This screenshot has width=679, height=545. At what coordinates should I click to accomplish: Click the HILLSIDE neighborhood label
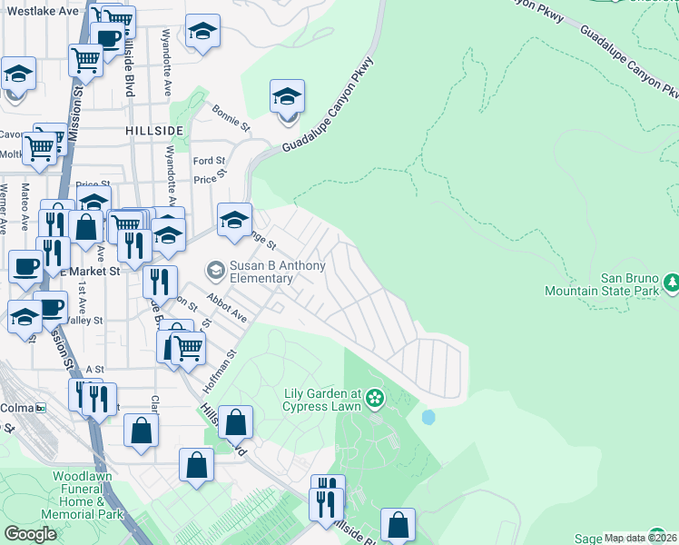click(x=155, y=131)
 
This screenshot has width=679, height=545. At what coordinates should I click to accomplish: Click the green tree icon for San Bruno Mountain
click(x=671, y=283)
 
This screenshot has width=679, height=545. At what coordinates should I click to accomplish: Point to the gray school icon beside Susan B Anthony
click(x=215, y=269)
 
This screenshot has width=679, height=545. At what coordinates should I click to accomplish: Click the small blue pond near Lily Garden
click(x=428, y=417)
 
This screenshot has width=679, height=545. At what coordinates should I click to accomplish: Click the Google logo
click(x=30, y=534)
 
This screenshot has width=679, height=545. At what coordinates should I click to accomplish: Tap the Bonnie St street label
click(x=231, y=121)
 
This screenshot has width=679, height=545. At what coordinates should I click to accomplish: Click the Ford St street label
click(x=209, y=161)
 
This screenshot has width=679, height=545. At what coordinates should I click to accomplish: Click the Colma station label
click(x=17, y=408)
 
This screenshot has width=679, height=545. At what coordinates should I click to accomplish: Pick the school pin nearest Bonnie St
click(x=287, y=96)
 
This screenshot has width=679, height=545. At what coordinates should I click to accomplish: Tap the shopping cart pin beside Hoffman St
click(x=187, y=346)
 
